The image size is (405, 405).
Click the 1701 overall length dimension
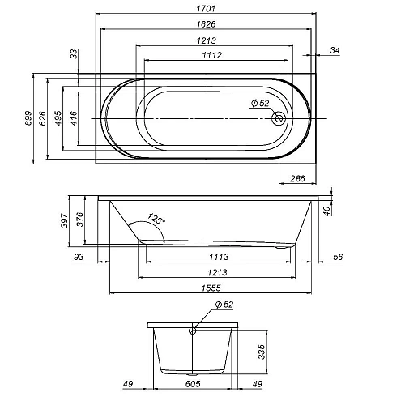[x=206, y=9]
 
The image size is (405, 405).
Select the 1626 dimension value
[x=206, y=24]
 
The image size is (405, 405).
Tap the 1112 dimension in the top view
[x=212, y=55]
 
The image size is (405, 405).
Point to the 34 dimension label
[x=335, y=50]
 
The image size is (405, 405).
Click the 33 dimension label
[x=74, y=54]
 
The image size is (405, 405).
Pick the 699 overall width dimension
[x=28, y=118]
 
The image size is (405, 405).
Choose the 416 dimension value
[x=74, y=118]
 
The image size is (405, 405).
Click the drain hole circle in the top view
[x=279, y=118]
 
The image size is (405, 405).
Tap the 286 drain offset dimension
[x=297, y=178]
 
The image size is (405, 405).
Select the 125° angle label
[x=156, y=219]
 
